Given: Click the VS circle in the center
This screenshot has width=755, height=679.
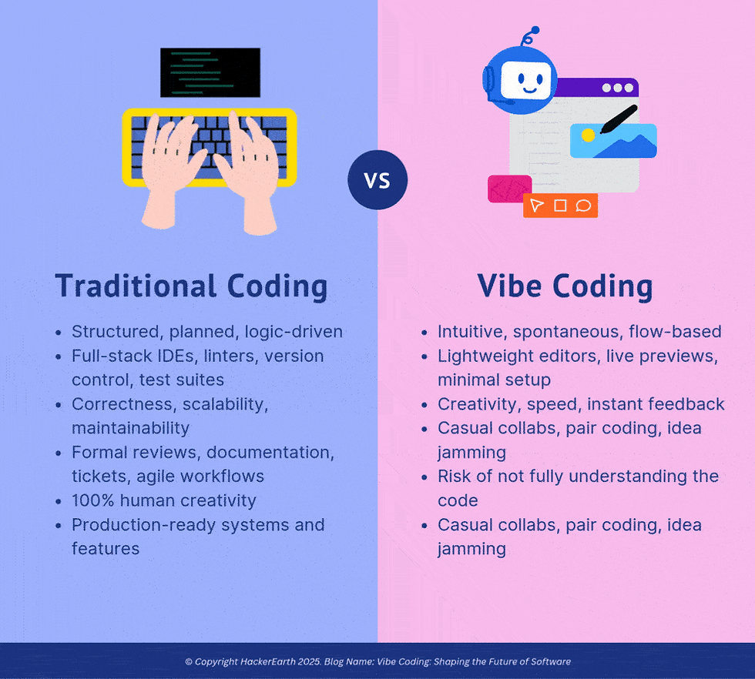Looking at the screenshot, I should tap(377, 180).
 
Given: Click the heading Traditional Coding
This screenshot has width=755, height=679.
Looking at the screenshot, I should tap(191, 286).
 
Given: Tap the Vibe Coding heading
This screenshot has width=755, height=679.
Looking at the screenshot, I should tap(565, 286).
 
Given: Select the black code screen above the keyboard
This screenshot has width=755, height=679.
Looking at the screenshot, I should tap(210, 72).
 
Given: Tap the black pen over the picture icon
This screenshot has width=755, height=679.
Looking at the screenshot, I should tap(618, 119).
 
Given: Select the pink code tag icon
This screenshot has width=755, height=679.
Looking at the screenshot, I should tap(509, 189).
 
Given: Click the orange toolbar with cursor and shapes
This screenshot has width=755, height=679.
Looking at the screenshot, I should tap(560, 206).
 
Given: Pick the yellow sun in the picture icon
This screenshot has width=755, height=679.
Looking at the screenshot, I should tap(588, 135).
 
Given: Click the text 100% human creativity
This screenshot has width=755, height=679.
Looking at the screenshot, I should tap(163, 500).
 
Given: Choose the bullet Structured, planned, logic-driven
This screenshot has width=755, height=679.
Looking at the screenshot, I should tap(206, 332).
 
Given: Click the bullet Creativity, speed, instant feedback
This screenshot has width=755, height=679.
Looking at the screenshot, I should tap(581, 404).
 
